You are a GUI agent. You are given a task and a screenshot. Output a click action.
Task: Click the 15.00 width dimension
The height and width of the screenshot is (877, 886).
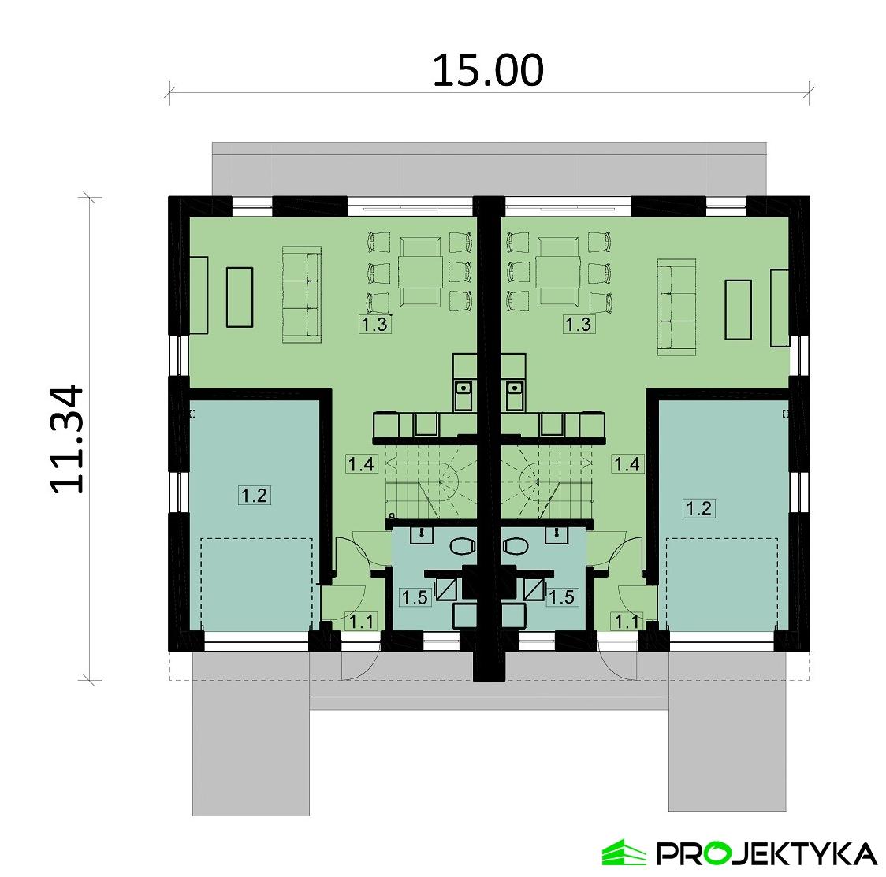[x=488, y=71]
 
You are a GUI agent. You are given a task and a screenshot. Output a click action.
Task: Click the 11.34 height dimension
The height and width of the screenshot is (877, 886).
[x=67, y=439]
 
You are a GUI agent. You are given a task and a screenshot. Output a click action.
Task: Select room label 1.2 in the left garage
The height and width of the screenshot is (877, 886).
[x=255, y=496]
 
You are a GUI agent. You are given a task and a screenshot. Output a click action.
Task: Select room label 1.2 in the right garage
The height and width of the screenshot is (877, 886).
[x=698, y=508]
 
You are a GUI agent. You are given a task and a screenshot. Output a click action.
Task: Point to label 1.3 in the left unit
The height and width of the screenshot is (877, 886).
[x=375, y=324]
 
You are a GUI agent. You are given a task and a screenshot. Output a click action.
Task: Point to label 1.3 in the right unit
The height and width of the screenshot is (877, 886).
[x=578, y=324]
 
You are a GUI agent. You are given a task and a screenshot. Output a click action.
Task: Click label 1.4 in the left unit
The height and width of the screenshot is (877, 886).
[x=360, y=464]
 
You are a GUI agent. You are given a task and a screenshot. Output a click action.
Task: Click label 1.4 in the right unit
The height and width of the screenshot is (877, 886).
[x=627, y=464]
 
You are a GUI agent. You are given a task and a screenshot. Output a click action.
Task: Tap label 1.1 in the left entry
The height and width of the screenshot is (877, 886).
[x=360, y=622]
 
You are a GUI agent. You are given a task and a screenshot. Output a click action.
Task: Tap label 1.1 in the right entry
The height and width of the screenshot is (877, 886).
[x=627, y=622]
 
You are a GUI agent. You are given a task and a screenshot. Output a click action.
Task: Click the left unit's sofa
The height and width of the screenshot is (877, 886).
[x=302, y=294]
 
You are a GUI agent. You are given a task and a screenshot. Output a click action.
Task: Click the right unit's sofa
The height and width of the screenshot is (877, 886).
[x=676, y=305]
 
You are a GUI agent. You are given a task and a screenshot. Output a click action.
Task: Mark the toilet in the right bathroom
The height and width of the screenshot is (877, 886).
[x=516, y=545]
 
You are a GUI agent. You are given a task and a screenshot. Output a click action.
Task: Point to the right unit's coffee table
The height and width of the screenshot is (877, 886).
[x=739, y=309]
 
